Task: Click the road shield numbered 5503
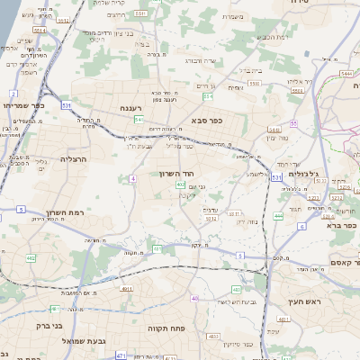point(255,82)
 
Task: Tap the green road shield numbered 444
point(279,217)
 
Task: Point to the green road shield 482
point(31,259)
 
